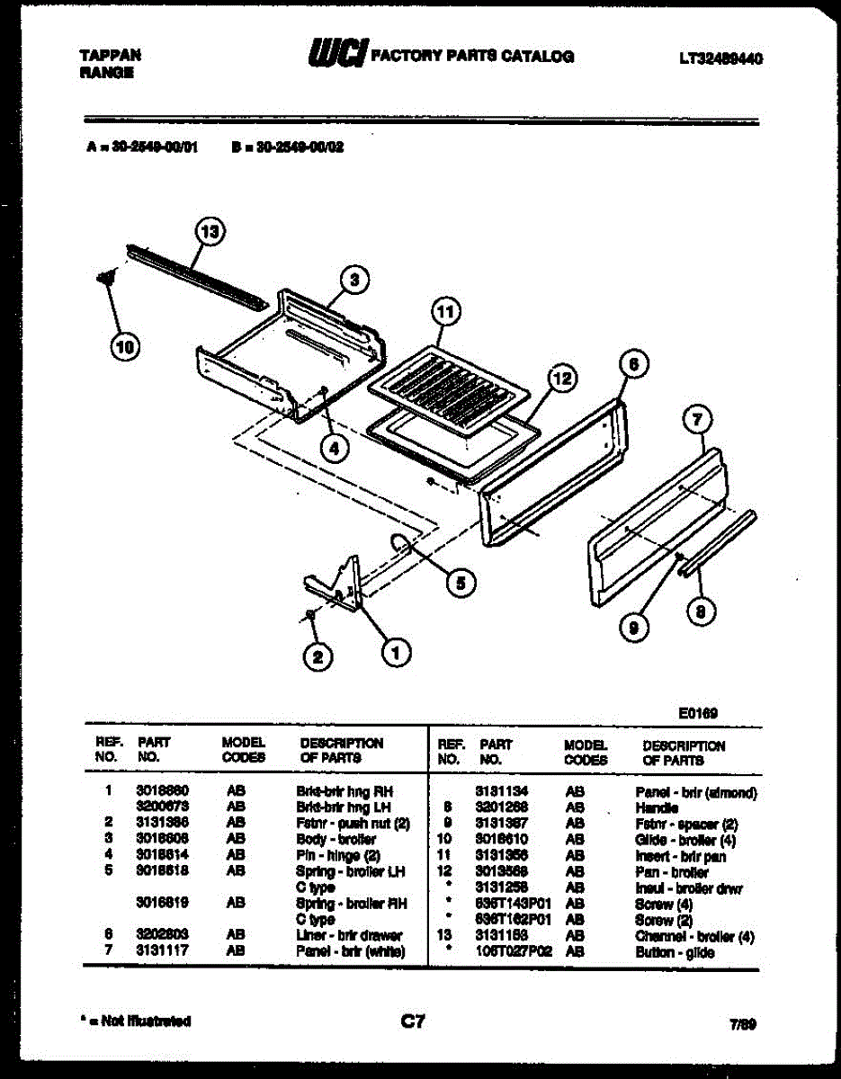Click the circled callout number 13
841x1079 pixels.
[210, 233]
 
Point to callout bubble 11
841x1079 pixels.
[444, 312]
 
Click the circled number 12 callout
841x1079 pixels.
[561, 379]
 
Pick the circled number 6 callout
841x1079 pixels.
[634, 364]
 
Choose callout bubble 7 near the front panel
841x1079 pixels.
[697, 419]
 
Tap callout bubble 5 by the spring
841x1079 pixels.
[461, 583]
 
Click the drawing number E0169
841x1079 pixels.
[698, 713]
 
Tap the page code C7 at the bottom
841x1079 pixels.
[413, 1021]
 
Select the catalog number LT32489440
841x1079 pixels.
[720, 59]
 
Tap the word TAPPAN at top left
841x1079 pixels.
[110, 56]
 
